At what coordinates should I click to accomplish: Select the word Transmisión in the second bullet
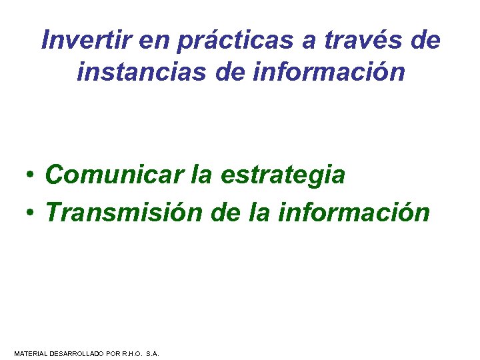pos(123,213)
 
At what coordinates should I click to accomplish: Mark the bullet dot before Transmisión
pos(31,213)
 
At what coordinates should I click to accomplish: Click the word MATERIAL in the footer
pos(30,353)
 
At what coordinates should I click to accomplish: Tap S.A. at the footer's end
pos(152,353)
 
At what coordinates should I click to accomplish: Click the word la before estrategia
pos(202,175)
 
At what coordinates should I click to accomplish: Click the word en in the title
pos(155,41)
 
